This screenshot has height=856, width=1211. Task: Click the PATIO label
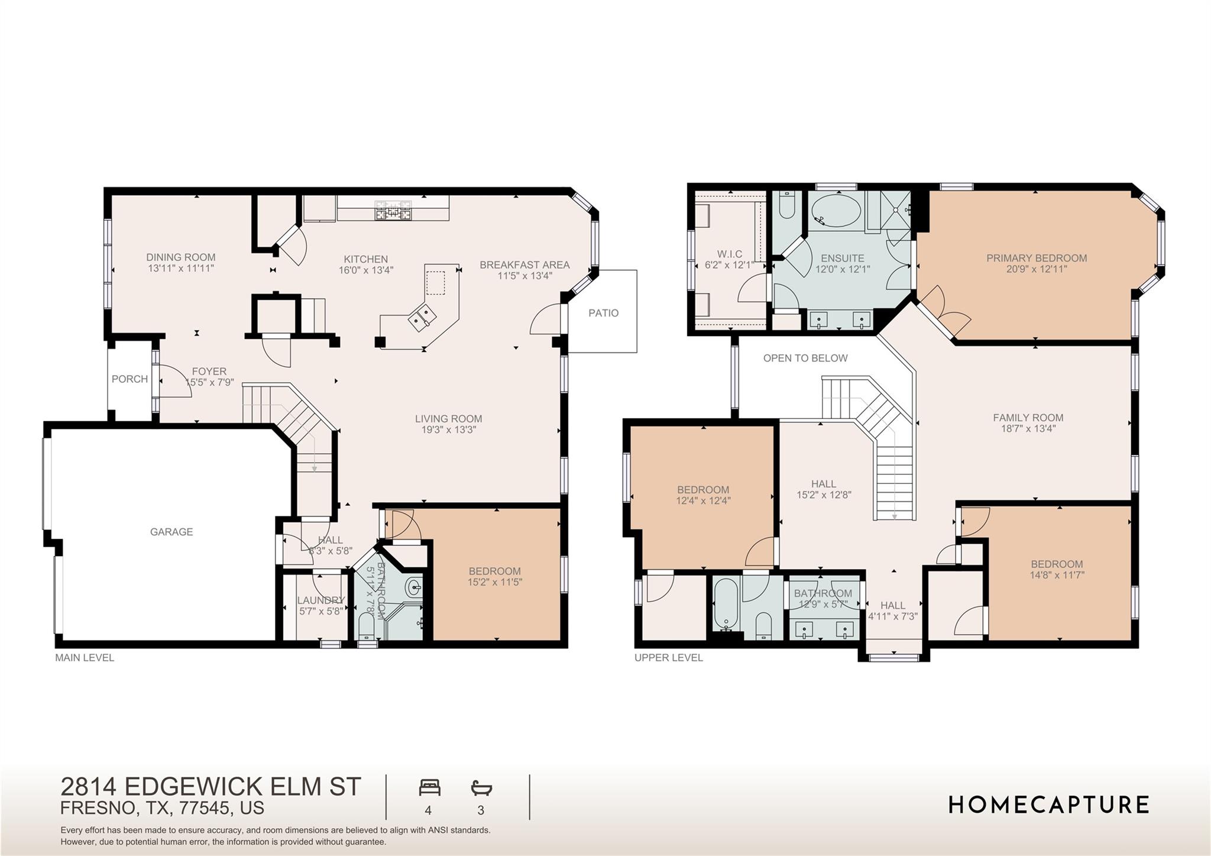click(603, 313)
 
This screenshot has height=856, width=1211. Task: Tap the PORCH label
click(129, 379)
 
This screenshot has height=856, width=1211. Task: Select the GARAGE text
click(171, 532)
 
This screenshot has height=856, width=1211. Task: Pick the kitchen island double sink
click(423, 316)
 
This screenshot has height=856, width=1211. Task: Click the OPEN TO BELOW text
click(805, 358)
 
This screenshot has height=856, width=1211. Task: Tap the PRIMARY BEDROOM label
click(1036, 258)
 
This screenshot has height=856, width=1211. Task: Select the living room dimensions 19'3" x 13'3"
click(448, 430)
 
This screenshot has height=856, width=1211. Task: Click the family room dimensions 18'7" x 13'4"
click(1028, 428)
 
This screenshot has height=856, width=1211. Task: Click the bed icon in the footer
click(429, 788)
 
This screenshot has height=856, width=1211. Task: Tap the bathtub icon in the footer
click(481, 788)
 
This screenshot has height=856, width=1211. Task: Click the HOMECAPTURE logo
click(1048, 805)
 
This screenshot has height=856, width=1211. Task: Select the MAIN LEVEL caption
click(85, 658)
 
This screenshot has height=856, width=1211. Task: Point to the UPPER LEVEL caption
click(668, 658)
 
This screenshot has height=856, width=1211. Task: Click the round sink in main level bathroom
click(413, 587)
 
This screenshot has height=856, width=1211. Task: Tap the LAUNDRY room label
click(320, 600)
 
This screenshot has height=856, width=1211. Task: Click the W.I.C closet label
click(729, 254)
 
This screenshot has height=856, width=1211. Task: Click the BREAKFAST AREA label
click(524, 265)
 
